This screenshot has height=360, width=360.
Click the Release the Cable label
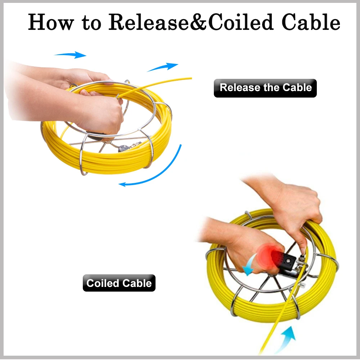tap(265, 88)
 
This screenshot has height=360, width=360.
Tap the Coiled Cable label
tap(119, 283)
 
